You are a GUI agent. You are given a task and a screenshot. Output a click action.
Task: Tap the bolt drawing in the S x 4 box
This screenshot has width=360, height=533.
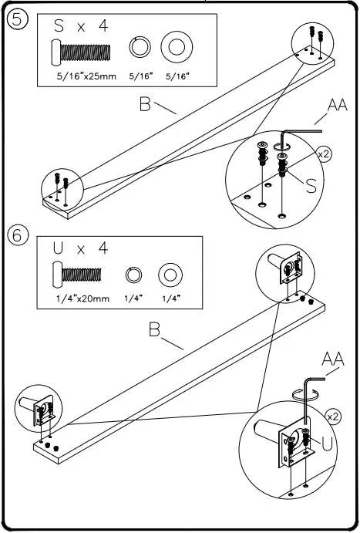pos(81,53)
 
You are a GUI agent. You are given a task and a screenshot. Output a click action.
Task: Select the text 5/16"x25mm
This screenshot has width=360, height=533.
pos(86,76)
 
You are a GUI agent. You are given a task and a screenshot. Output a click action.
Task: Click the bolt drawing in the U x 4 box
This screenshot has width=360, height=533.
pos(77,275)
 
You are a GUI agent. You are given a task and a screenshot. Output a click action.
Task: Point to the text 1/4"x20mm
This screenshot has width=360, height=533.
pos(82,299)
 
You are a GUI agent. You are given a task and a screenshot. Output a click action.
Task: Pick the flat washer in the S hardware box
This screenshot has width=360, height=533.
pos(177,47)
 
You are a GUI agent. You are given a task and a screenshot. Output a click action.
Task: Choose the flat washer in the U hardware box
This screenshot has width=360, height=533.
pos(170,275)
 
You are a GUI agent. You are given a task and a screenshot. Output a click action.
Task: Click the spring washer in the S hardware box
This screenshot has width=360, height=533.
pos(140,47)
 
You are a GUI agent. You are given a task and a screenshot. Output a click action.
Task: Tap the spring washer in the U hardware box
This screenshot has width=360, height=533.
pos(133,275)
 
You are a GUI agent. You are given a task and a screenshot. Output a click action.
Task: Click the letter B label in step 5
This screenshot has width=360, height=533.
pos(145,104)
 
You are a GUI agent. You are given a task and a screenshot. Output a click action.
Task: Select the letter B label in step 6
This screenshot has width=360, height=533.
pos(154,329)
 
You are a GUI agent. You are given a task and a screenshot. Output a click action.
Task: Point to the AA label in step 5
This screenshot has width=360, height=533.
pos(337,105)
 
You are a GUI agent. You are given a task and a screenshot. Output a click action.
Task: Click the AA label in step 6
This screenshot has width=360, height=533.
pos(333,359)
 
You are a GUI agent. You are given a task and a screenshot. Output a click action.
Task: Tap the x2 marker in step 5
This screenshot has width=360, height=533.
pos(324,154)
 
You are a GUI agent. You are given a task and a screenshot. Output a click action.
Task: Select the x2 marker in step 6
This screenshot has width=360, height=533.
pos(333,417)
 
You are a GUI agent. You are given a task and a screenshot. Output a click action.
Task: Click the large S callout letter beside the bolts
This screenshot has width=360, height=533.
pos(311,185)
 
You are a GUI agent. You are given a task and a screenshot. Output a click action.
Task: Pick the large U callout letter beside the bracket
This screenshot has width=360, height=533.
pos(327,444)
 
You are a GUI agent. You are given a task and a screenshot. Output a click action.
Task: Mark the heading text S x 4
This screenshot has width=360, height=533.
pos(81,26)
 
